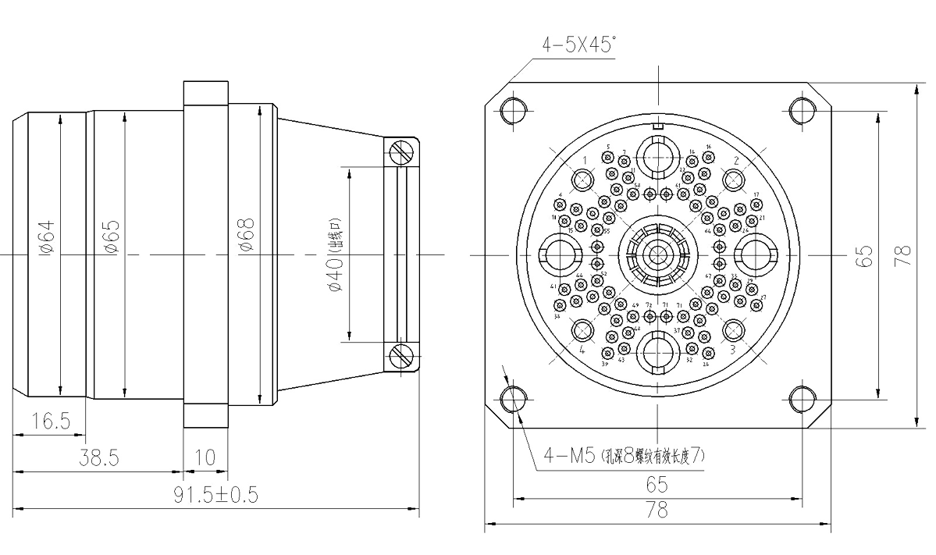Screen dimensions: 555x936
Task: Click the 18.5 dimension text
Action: tap(50, 422)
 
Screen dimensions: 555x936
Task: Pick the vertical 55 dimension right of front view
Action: tap(864, 254)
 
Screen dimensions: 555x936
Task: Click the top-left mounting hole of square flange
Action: tap(514, 111)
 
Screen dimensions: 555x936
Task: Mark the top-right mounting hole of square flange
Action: tap(802, 111)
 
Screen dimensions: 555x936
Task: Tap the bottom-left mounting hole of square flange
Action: tap(514, 399)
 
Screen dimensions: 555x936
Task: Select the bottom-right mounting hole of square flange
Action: tap(802, 399)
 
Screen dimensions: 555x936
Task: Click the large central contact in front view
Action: tap(657, 254)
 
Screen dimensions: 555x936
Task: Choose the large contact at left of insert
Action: tap(557, 254)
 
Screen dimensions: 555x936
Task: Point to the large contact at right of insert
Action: tap(757, 254)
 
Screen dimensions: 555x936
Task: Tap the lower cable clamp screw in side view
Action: tap(403, 356)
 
